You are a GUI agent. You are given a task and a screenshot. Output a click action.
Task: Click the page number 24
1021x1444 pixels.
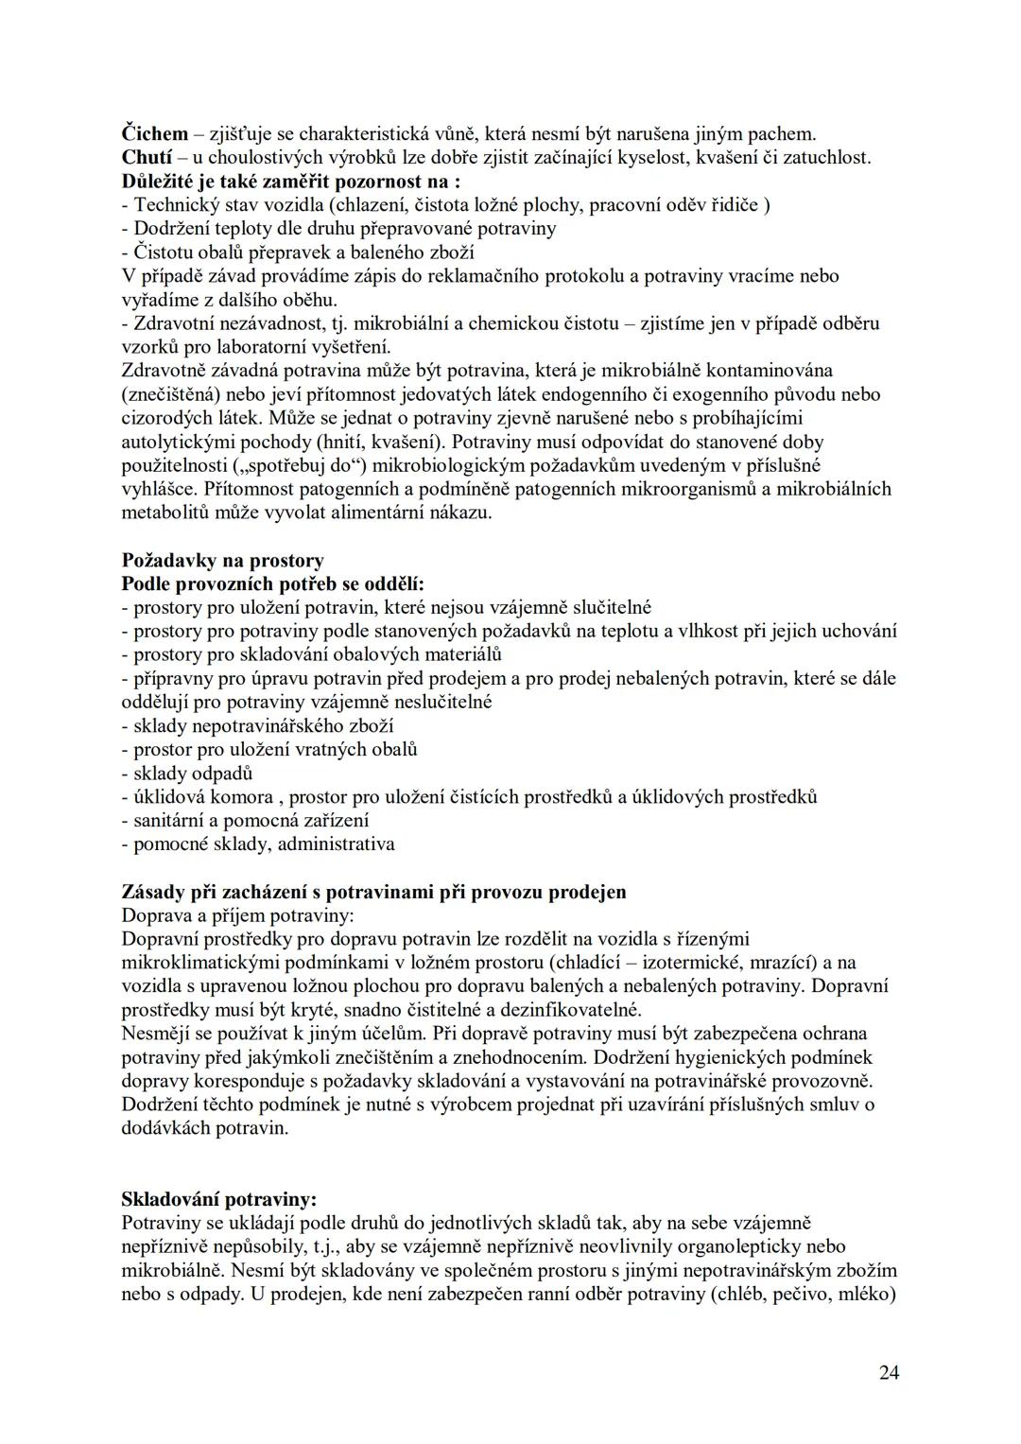point(888,1373)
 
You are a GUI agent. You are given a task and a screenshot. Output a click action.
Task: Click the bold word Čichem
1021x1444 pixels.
point(155,134)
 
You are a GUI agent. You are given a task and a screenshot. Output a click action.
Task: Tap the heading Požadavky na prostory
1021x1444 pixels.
point(222,561)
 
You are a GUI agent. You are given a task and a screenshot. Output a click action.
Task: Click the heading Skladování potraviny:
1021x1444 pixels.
point(219,1199)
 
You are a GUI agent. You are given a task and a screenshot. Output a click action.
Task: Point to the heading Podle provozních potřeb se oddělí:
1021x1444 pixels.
point(273,584)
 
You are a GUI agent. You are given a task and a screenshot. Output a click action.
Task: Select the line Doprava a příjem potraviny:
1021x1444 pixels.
point(238,915)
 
